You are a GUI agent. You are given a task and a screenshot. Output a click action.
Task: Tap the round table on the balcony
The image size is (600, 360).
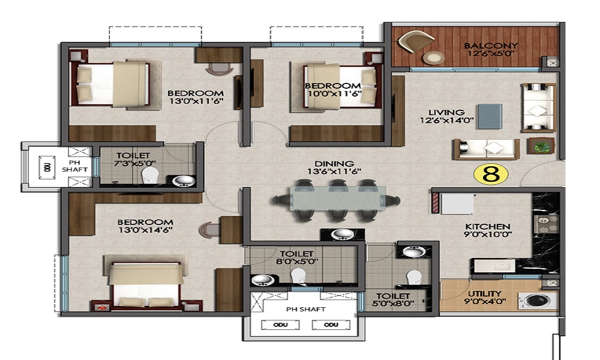tap(433, 58)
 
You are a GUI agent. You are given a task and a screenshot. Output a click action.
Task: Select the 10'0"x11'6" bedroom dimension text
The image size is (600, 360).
tap(334, 94)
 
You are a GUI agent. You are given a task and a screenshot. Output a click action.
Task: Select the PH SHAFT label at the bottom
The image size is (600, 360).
tap(305, 309)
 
